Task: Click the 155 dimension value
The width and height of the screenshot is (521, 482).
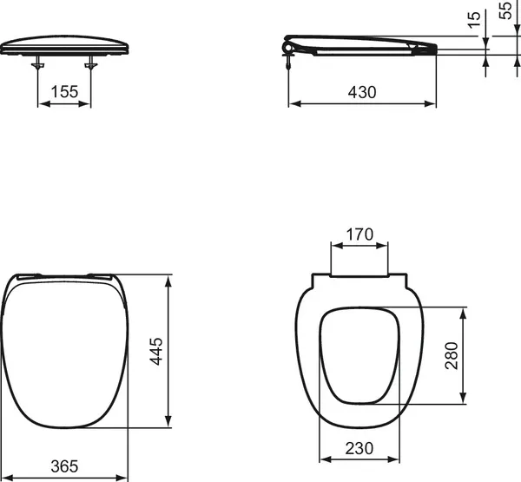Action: (x=64, y=91)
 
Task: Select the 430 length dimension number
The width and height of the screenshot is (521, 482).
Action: (x=362, y=91)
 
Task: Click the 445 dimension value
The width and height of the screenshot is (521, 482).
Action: (x=157, y=352)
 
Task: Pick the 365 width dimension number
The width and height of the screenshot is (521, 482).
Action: (x=65, y=465)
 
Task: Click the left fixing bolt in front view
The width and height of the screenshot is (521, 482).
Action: (x=38, y=64)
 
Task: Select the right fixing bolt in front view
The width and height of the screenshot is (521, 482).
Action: (x=91, y=64)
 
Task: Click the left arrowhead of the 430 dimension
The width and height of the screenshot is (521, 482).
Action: (x=292, y=103)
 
